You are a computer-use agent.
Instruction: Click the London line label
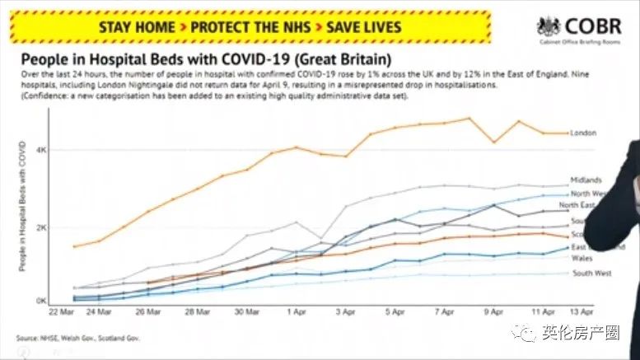coord(582,133)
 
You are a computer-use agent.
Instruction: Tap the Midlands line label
coord(586,180)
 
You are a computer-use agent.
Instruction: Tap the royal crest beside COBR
coord(549,27)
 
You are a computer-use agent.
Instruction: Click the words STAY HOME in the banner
coord(137,26)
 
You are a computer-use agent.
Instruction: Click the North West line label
coord(588,193)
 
